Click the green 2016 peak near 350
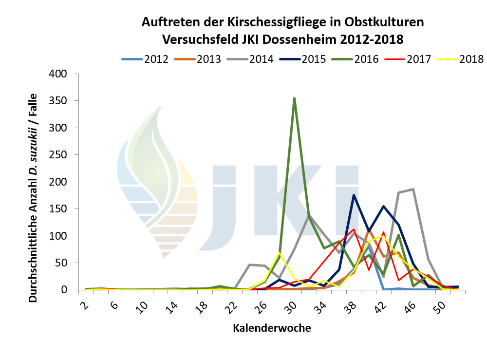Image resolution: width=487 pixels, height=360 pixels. (x=294, y=98)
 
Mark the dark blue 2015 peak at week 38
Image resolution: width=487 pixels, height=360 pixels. (x=354, y=195)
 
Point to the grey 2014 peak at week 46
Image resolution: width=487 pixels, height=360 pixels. (x=413, y=189)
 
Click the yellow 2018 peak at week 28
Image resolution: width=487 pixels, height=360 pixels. (x=279, y=252)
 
